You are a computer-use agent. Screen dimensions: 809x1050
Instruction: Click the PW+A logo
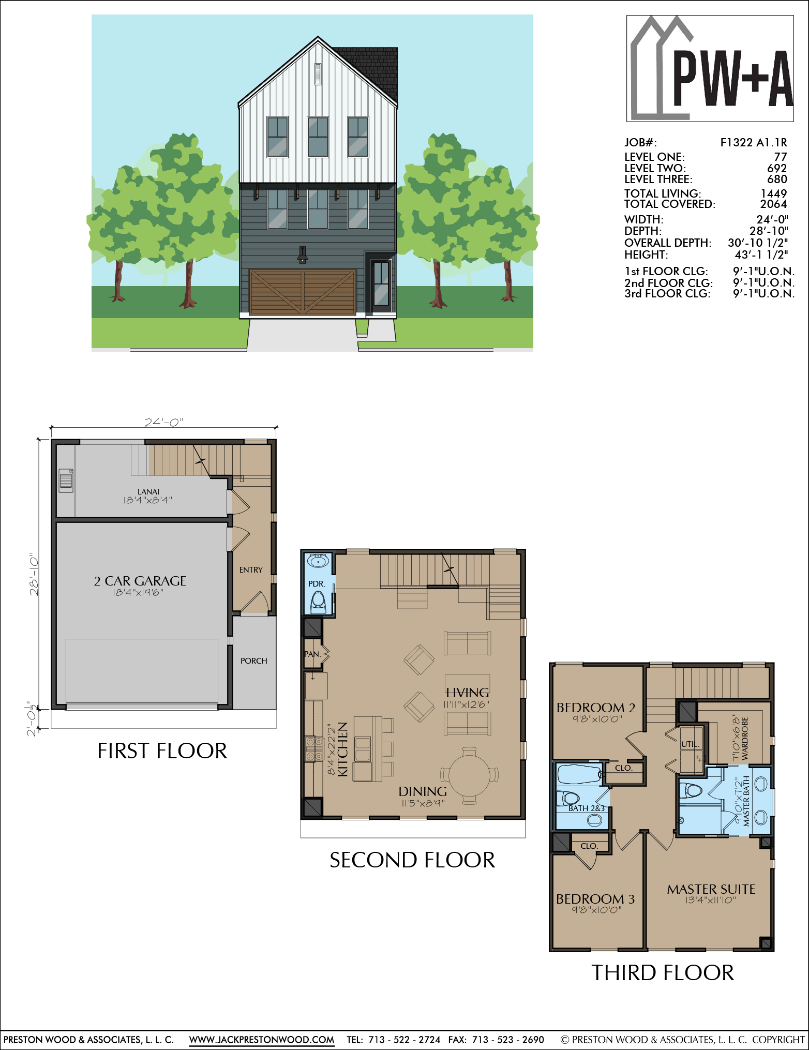[x=710, y=68]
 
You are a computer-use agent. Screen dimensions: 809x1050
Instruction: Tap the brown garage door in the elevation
[x=303, y=292]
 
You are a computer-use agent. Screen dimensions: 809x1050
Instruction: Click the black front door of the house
[x=381, y=286]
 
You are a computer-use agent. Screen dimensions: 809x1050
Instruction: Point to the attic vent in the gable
[x=318, y=74]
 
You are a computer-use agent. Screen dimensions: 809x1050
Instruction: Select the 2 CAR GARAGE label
[x=140, y=581]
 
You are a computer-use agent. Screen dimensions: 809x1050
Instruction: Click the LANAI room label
[x=148, y=491]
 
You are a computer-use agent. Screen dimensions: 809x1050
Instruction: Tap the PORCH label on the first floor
[x=253, y=661]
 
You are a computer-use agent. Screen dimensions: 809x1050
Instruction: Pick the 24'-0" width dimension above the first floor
[x=164, y=422]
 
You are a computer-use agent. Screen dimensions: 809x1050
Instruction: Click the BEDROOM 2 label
[x=596, y=708]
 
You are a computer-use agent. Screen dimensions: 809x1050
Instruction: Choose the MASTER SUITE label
[x=711, y=889]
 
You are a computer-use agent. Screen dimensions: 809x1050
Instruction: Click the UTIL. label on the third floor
[x=690, y=744]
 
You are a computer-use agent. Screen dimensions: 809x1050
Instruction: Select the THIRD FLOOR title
[x=663, y=973]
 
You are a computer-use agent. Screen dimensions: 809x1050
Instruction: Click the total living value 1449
[x=774, y=193]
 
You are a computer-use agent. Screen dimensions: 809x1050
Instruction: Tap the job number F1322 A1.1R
[x=754, y=142]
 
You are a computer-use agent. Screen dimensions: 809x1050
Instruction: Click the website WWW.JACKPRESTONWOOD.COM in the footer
[x=261, y=1040]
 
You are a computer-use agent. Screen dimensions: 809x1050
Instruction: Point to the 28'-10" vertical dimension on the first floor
[x=34, y=575]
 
